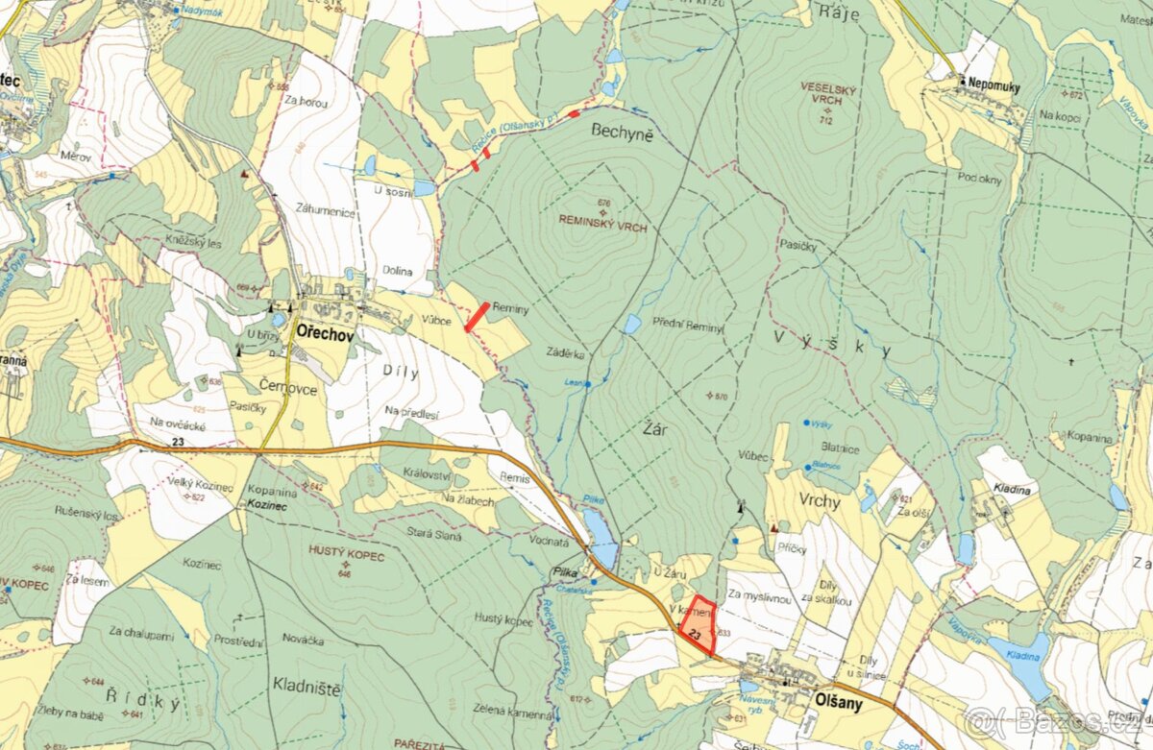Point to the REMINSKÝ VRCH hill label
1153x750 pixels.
[603, 229]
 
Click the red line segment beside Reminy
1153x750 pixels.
[478, 317]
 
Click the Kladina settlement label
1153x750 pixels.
[1012, 490]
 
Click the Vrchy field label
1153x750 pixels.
[818, 501]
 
